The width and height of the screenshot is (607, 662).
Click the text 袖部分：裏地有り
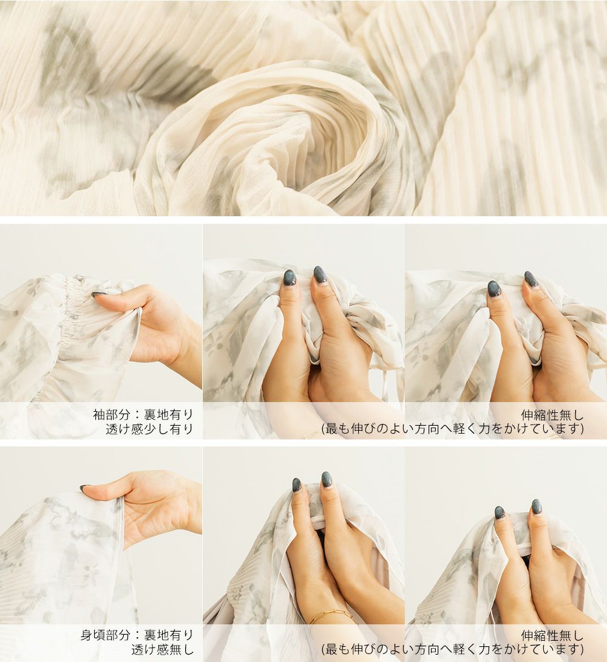click(143, 414)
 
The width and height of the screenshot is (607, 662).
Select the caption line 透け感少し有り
click(149, 429)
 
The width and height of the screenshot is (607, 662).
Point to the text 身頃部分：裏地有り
click(137, 635)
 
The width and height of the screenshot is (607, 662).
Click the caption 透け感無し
click(162, 650)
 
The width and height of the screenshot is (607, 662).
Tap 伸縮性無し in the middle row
click(552, 415)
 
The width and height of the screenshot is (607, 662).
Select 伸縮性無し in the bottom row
click(552, 635)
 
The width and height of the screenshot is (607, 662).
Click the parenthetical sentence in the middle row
click(453, 429)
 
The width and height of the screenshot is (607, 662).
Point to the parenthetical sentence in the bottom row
click(453, 649)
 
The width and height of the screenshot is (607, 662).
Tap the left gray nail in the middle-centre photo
click(290, 278)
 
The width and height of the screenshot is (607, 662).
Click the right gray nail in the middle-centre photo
click(319, 274)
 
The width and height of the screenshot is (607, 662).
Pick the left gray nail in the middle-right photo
click(494, 288)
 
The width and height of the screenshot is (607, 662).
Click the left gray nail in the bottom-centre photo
click(297, 485)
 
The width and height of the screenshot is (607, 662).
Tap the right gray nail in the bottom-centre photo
click(327, 479)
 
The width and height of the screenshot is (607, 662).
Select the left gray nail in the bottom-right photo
click(500, 513)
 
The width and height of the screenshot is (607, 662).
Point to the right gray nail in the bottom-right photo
click(536, 506)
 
